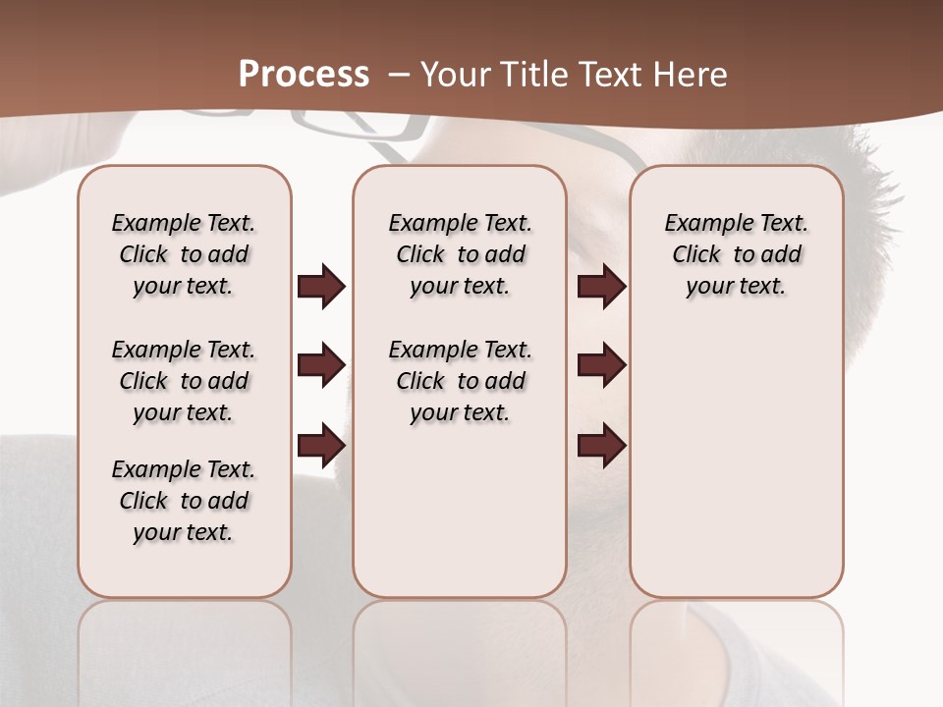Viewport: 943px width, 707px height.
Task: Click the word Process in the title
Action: tap(304, 75)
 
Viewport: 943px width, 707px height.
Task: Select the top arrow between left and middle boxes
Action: tap(321, 286)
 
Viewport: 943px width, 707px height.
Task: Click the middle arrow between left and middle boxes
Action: tap(321, 365)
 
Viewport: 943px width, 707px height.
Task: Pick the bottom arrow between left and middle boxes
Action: tap(321, 445)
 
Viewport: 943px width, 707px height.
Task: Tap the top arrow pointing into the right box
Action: tap(601, 286)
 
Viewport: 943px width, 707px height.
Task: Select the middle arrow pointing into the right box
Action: tap(601, 365)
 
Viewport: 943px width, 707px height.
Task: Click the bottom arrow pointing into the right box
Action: tap(601, 445)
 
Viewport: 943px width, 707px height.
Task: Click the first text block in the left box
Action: tap(184, 254)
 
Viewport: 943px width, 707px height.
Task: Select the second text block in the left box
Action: tap(184, 381)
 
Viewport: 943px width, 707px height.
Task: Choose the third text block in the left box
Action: tap(184, 501)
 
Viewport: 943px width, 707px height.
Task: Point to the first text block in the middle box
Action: tap(461, 254)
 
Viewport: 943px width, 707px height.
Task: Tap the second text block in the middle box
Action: tap(461, 381)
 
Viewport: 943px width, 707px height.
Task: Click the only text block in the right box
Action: tap(737, 254)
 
